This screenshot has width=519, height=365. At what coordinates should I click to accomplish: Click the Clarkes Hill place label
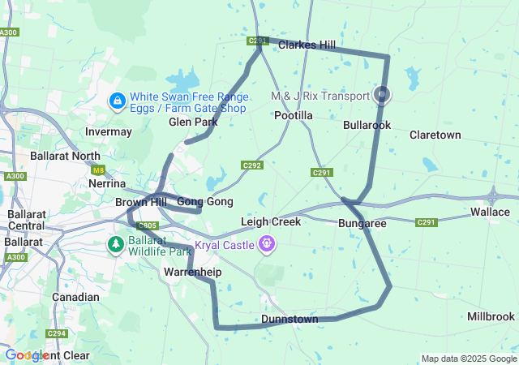[307, 45]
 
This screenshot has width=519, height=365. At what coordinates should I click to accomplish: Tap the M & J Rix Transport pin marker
[382, 95]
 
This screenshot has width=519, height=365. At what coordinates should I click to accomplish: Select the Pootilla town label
[294, 116]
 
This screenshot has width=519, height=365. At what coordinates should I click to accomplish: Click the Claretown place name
[435, 135]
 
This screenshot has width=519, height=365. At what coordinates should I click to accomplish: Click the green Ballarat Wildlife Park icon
[118, 243]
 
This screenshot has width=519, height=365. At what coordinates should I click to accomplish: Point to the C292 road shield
[251, 165]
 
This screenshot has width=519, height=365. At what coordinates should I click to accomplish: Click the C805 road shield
[147, 225]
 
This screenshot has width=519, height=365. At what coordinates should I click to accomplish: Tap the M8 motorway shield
[98, 170]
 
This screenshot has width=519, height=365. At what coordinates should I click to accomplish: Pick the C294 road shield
[56, 333]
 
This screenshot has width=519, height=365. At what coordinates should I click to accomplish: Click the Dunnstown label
[290, 320]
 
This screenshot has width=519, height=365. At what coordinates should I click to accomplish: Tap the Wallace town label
[490, 212]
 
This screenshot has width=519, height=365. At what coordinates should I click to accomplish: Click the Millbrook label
[491, 316]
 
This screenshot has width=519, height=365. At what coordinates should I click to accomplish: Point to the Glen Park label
[193, 122]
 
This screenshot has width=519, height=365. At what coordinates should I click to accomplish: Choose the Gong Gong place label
[204, 202]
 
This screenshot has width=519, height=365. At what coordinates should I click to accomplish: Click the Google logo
[26, 355]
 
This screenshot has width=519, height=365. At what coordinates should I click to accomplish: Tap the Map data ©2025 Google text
[469, 359]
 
